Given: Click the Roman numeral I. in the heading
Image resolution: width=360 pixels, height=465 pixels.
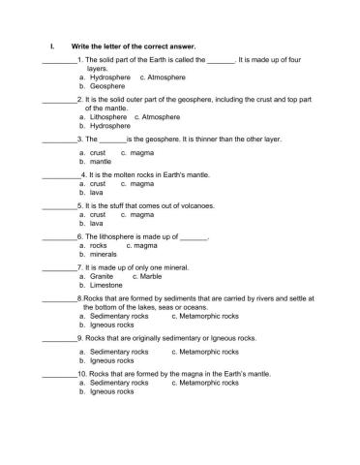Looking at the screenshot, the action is pyautogui.click(x=50, y=46).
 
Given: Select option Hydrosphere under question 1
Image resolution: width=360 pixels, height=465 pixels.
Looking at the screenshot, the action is pyautogui.click(x=109, y=77).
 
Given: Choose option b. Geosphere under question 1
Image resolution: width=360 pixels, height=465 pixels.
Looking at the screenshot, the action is pyautogui.click(x=107, y=85).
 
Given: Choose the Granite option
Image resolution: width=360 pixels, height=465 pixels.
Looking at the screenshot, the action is pyautogui.click(x=102, y=276).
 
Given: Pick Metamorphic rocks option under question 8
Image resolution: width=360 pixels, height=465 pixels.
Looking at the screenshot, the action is pyautogui.click(x=209, y=316).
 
